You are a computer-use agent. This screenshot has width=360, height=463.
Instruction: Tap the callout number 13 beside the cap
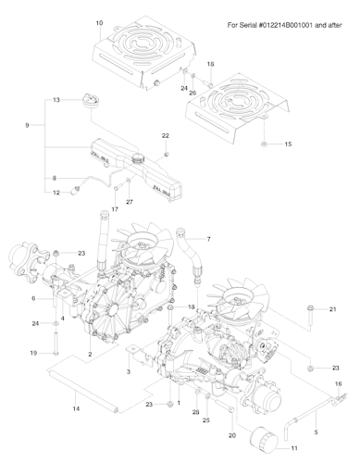pyautogui.click(x=56, y=99)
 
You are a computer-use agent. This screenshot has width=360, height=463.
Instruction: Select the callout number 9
pyautogui.click(x=27, y=125)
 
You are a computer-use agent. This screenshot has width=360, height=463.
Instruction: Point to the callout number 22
pyautogui.click(x=166, y=135)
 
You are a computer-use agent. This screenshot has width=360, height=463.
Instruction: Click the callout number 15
pyautogui.click(x=287, y=144)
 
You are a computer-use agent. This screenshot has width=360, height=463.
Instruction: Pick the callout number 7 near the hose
pyautogui.click(x=208, y=239)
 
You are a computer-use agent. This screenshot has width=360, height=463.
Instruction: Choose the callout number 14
pyautogui.click(x=75, y=407)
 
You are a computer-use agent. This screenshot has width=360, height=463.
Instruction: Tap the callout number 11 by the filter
pyautogui.click(x=294, y=448)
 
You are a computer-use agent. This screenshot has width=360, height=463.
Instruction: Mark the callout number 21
pyautogui.click(x=333, y=308)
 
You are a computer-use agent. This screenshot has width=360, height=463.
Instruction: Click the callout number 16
pyautogui.click(x=338, y=382)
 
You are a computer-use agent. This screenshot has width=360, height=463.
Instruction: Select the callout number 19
pyautogui.click(x=31, y=354)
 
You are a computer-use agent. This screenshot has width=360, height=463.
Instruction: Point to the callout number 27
pyautogui.click(x=129, y=202)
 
